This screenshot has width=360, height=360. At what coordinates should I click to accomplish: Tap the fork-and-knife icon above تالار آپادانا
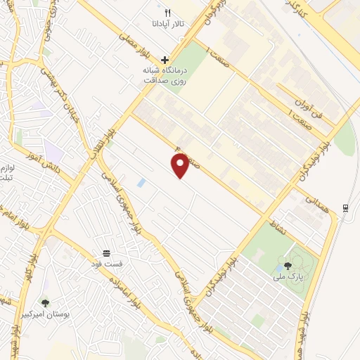coord(167,13)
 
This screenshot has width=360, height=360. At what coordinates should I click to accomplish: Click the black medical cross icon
coord(165,60)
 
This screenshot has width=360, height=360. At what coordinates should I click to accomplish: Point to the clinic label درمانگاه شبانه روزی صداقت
coord(164,76)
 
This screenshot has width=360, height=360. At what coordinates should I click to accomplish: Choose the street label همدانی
coord(313,205)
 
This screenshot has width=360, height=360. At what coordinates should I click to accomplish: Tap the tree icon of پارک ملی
coord(287,265)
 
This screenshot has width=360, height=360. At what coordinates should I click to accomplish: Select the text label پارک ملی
coord(287,276)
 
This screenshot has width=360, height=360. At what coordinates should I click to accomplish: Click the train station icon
coord(345,207)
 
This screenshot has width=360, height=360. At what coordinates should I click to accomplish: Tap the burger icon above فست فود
coord(106,252)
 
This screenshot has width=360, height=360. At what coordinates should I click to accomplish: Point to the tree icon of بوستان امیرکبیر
coord(46,302)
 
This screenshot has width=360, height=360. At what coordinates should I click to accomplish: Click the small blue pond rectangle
coord(141,183)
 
